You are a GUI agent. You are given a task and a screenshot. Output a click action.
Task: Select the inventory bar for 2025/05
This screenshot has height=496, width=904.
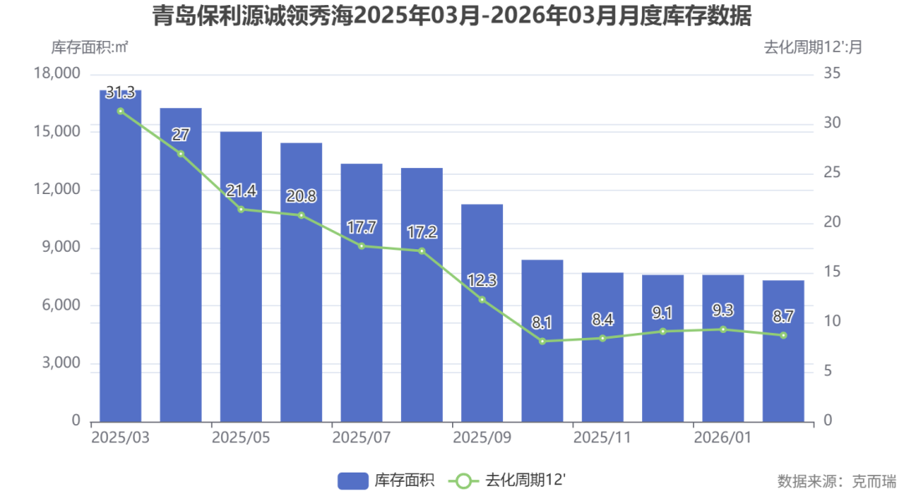(241, 276)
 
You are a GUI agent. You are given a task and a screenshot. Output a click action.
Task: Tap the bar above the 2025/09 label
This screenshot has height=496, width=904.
(482, 312)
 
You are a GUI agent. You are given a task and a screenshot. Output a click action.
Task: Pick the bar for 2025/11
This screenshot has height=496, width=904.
(603, 346)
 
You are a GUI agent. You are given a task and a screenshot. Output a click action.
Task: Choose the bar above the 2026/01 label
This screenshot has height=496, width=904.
(723, 347)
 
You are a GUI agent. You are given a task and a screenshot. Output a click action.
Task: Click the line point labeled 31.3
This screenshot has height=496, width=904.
(121, 111)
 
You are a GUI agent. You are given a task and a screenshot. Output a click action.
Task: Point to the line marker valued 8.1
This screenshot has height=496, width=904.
(542, 341)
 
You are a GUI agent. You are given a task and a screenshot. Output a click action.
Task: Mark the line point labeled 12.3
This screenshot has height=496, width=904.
(482, 299)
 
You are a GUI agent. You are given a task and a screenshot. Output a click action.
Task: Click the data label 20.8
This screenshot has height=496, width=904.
(301, 197)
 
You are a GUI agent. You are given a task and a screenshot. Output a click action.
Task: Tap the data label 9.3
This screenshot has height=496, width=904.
(723, 310)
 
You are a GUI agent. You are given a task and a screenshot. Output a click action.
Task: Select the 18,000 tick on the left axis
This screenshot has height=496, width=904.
(58, 74)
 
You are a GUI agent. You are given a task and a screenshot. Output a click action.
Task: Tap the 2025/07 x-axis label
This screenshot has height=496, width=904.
(362, 437)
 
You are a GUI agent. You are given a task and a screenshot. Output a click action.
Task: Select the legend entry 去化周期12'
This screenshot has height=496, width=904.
(508, 480)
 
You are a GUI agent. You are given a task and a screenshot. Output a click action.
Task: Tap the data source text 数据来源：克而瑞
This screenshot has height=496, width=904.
(836, 481)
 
